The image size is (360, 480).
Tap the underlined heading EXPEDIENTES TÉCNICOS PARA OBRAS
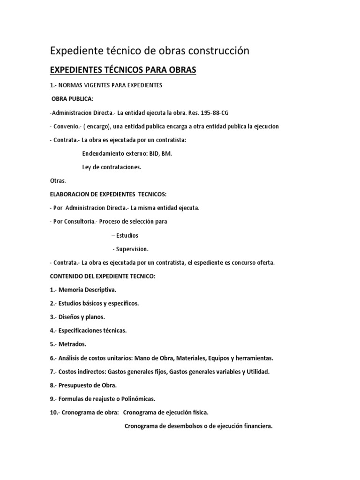tap(123, 70)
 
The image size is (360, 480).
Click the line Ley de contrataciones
tap(112, 167)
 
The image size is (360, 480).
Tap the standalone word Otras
tap(58, 180)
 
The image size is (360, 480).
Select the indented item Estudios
tap(127, 235)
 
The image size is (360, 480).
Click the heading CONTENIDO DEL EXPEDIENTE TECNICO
tap(102, 276)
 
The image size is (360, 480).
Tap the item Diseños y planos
tap(85, 317)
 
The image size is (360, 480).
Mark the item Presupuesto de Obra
tap(87, 385)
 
